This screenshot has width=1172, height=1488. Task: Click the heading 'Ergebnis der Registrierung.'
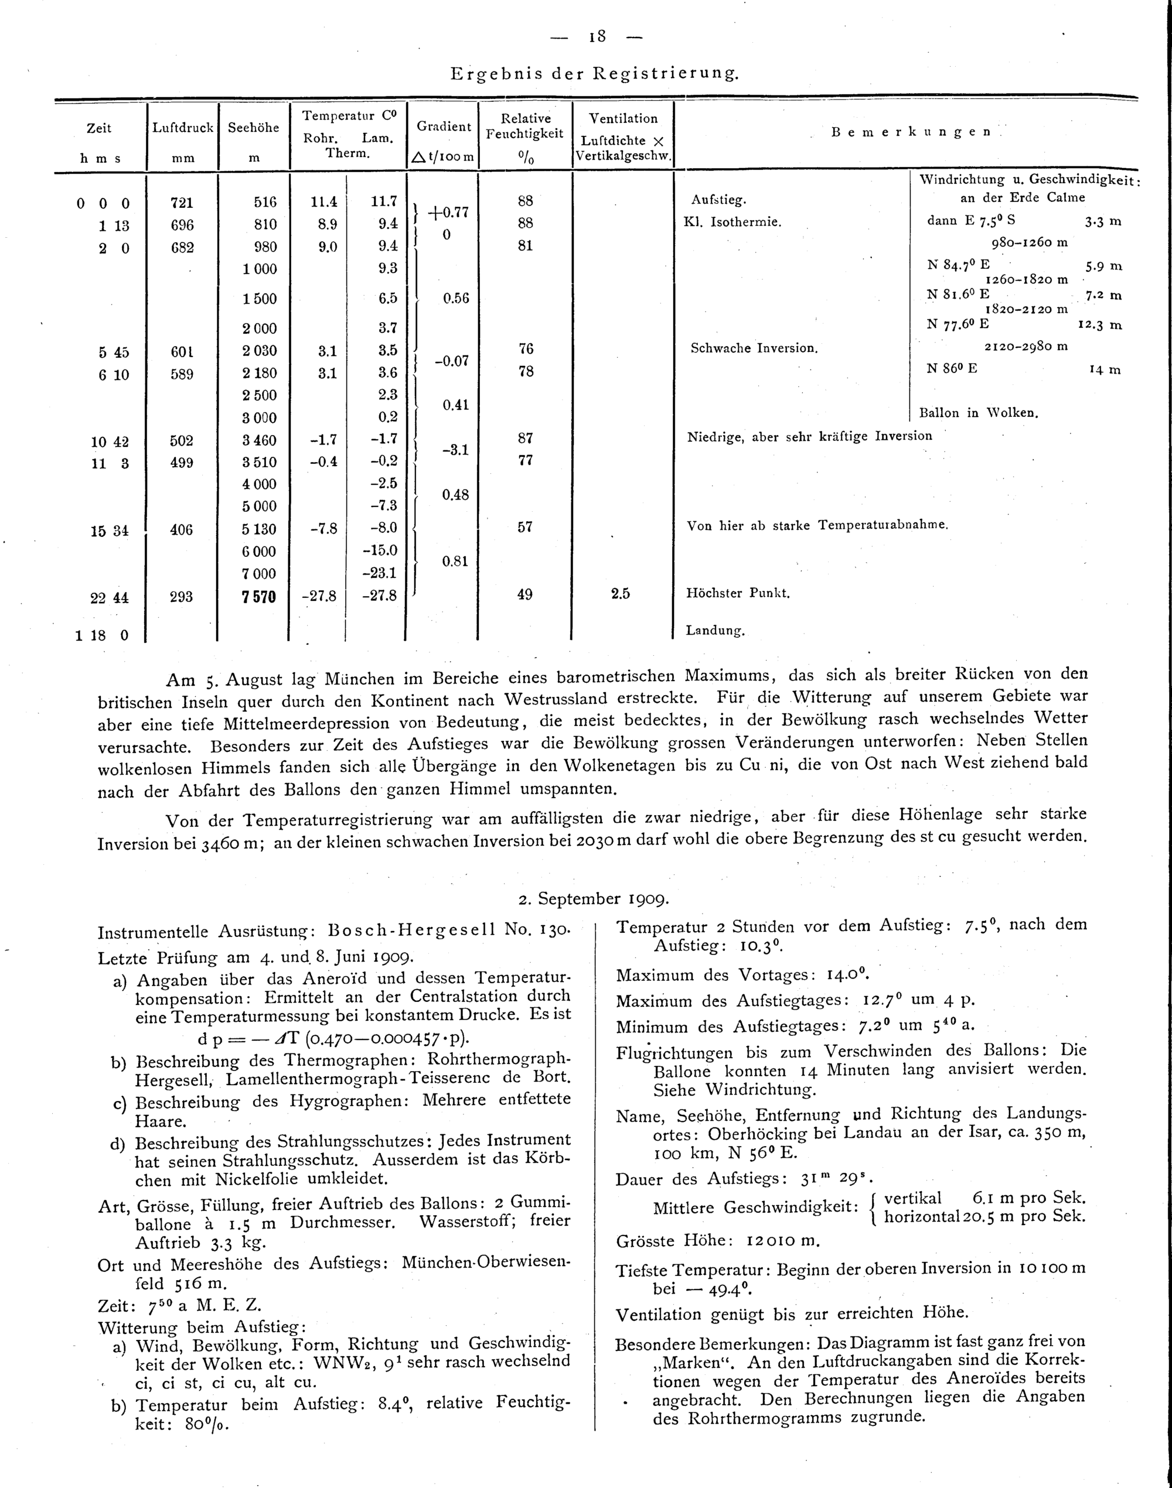point(595,73)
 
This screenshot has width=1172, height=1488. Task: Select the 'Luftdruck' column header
point(182,128)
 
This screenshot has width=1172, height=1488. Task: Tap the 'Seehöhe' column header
point(253,128)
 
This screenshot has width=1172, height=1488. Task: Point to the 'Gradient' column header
point(443,127)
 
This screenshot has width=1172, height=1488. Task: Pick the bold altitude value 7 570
point(258,597)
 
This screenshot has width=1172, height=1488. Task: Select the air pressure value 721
point(182,203)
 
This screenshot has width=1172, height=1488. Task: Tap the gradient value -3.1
point(455,450)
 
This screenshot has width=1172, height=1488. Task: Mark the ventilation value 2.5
point(621,594)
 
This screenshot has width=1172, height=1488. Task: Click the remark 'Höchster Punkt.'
point(738,594)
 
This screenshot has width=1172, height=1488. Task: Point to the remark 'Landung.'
point(715,631)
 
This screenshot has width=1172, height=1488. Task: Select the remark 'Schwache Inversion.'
point(754,348)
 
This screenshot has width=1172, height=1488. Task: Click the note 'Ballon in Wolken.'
point(979,413)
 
